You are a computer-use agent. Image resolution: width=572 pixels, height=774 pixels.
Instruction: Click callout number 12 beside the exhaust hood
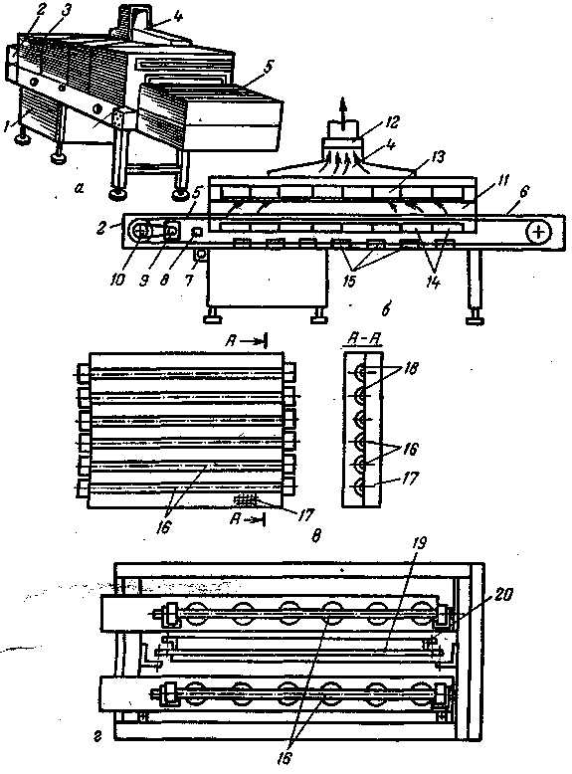[x=393, y=122]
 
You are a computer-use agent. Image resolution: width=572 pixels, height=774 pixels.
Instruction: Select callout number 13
[x=437, y=158]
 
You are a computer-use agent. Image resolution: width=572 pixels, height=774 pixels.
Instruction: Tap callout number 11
[x=502, y=180]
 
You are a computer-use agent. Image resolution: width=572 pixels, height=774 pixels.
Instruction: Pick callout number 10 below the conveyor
[x=118, y=280]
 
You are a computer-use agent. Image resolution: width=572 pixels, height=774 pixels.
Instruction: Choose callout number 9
[x=143, y=281]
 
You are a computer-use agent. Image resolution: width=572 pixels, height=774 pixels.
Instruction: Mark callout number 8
[x=165, y=280]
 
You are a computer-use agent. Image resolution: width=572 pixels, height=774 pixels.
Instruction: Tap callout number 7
[x=189, y=281]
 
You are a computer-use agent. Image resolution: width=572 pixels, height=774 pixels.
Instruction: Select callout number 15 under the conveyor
[x=349, y=281]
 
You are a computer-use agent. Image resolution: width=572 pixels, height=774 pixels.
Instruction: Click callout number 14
[x=433, y=283]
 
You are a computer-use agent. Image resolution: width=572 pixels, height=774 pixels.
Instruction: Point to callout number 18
[x=411, y=368]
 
